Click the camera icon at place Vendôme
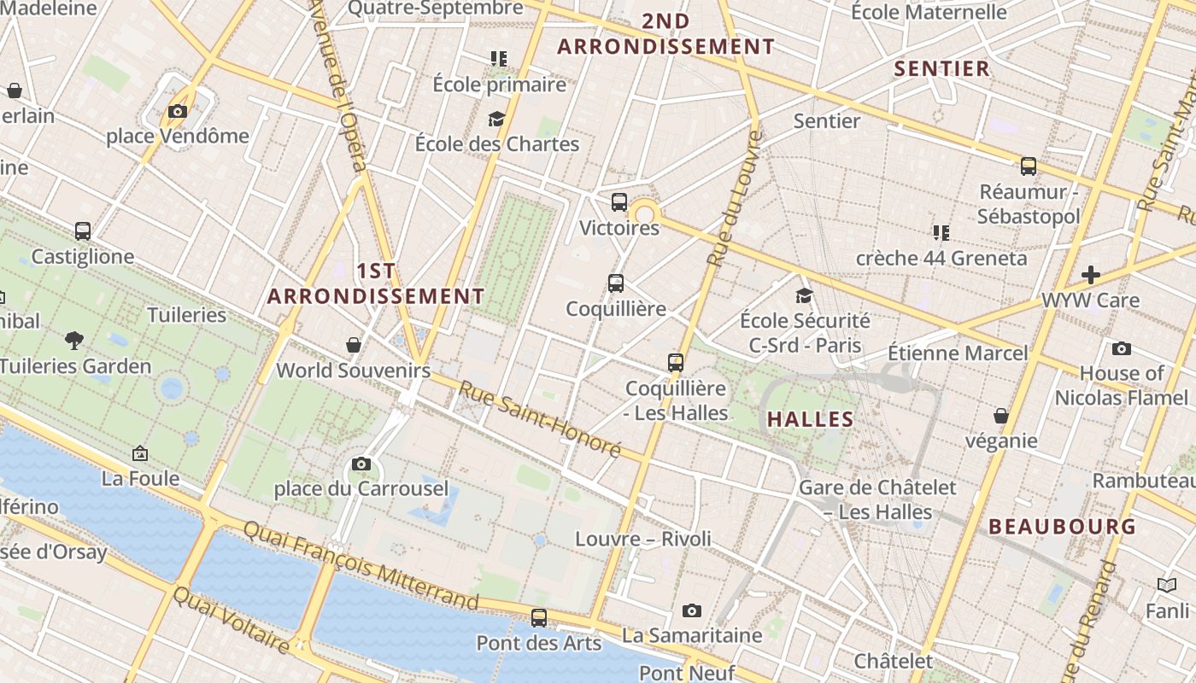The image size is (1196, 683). [x=178, y=112]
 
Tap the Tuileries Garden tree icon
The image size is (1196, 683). [x=74, y=341]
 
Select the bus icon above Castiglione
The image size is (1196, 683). [x=83, y=231]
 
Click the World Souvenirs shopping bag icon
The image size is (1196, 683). [x=354, y=345]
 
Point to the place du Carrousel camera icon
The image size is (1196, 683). [x=361, y=464]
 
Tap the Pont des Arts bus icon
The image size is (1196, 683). [x=538, y=617]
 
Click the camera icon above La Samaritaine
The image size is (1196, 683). [x=692, y=610]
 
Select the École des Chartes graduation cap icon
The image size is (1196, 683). [x=496, y=119]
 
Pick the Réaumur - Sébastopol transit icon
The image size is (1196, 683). [x=1029, y=166]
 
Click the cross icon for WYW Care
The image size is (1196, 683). [x=1090, y=275]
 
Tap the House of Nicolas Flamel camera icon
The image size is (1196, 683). [x=1122, y=348]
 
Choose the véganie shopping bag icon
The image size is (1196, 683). [x=1001, y=416]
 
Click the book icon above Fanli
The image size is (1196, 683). [x=1167, y=586]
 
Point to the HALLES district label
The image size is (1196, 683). [x=810, y=419]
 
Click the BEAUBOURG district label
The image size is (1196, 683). [x=1063, y=527]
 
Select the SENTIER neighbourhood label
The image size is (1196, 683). [x=941, y=69]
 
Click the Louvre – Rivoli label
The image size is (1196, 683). [x=643, y=539]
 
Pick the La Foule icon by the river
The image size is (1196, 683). [x=140, y=453]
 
